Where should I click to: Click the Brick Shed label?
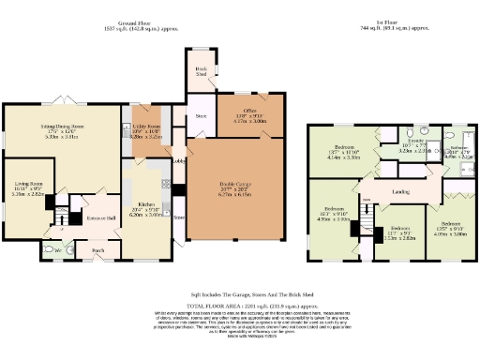point(201,71)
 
